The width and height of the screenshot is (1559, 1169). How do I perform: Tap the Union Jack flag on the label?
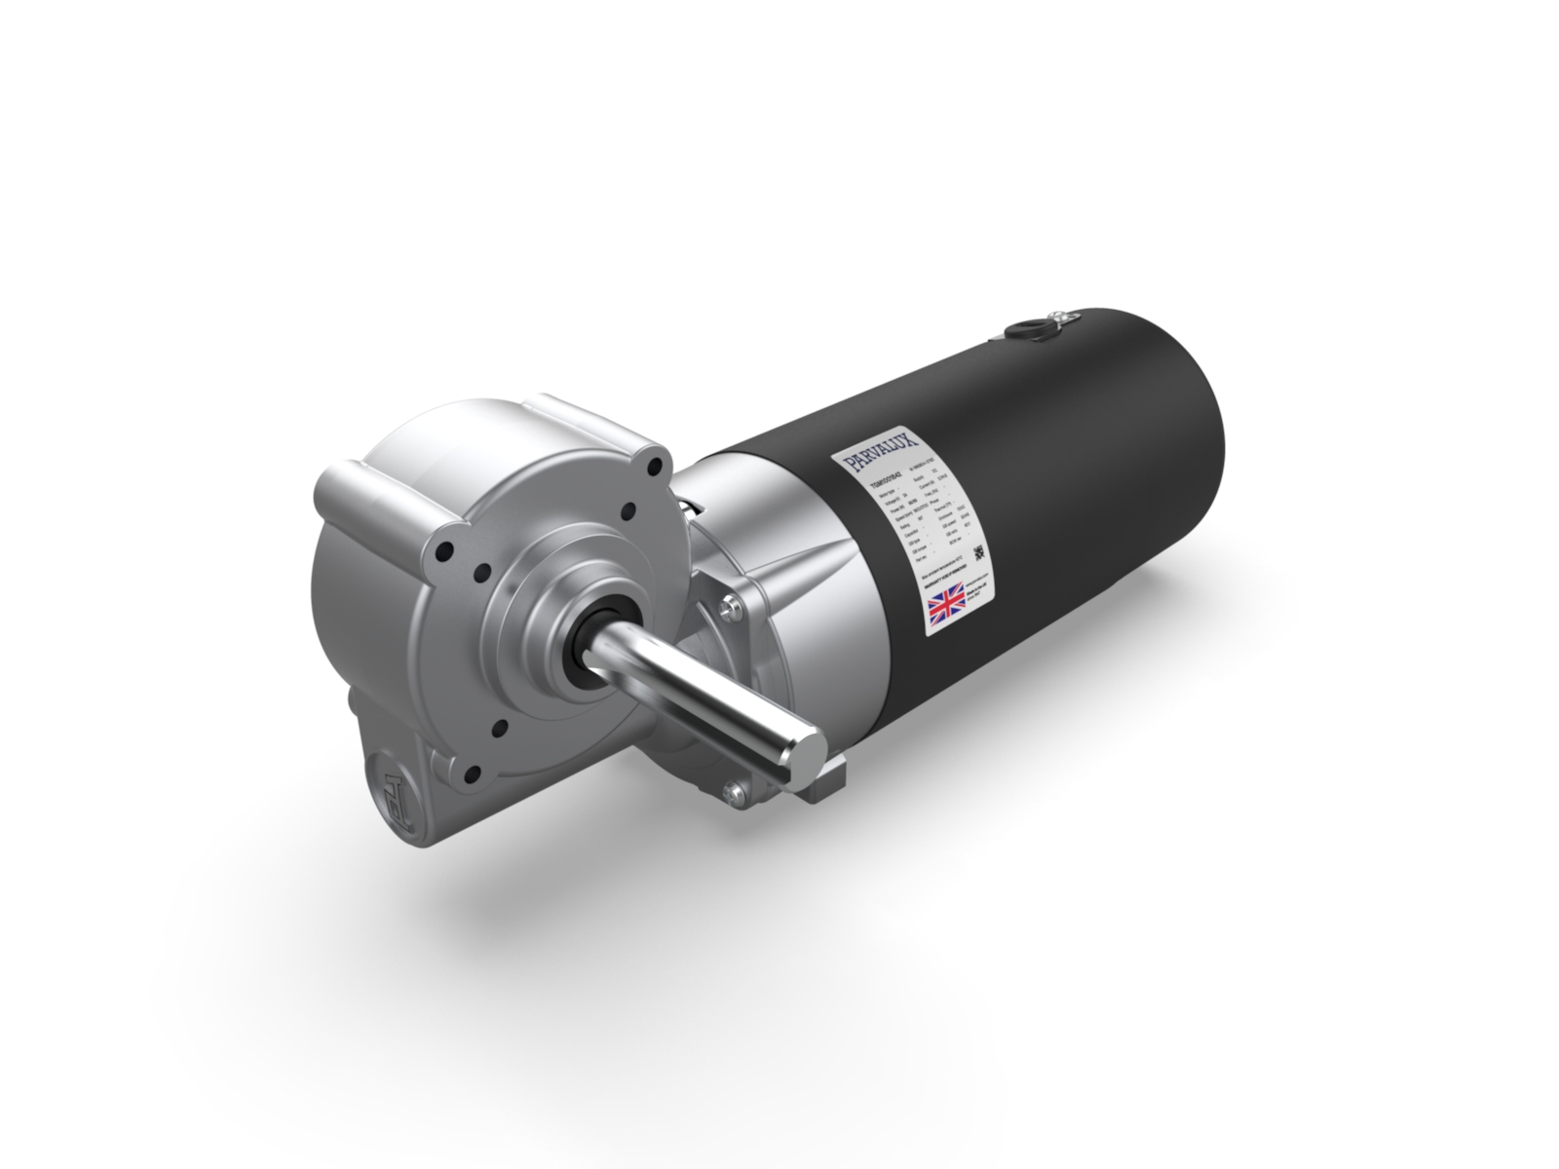click(944, 602)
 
